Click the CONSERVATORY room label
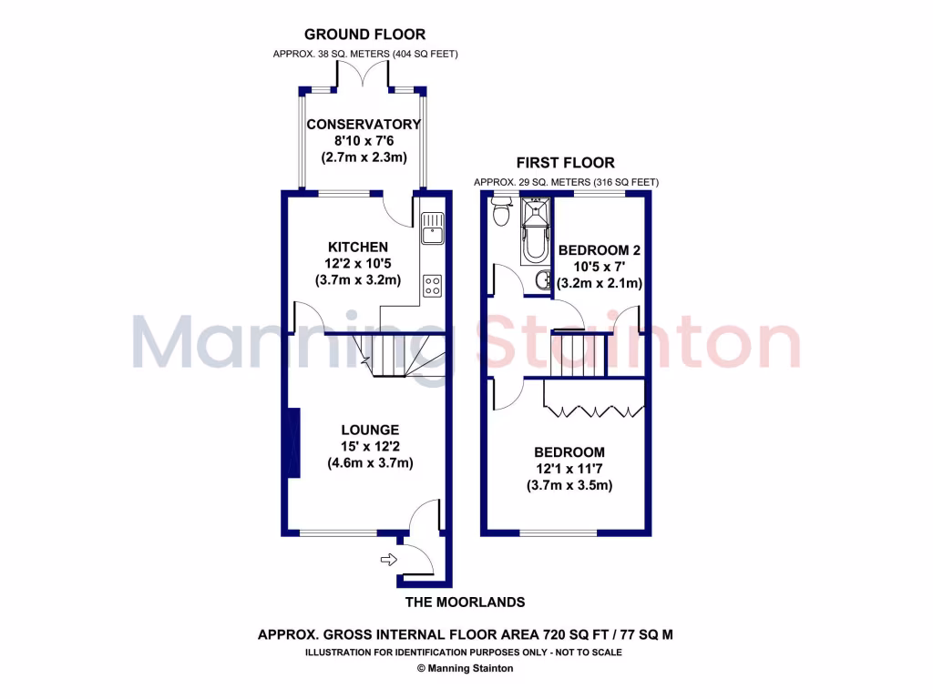[364, 125]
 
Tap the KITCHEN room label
[358, 247]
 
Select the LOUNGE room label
[370, 430]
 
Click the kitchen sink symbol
[432, 228]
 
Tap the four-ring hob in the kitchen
[433, 286]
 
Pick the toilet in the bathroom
[500, 213]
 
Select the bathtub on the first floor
[534, 233]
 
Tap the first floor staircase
[576, 357]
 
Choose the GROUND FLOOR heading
[364, 35]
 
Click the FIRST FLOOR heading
[565, 163]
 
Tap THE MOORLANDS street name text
[466, 603]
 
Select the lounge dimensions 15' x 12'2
[370, 446]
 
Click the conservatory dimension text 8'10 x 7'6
[364, 141]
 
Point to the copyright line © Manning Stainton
[466, 668]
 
